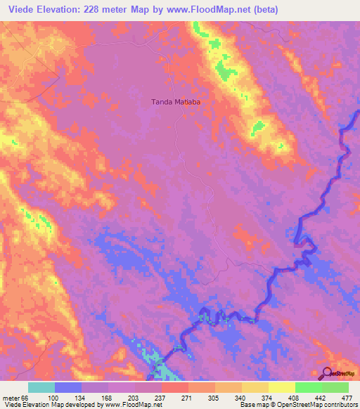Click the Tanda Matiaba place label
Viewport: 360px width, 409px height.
click(x=176, y=102)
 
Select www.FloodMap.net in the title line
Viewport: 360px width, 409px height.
click(x=210, y=10)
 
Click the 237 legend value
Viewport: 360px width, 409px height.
click(x=161, y=397)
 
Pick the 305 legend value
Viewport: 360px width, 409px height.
click(x=214, y=397)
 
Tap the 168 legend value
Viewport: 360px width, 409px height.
click(x=108, y=397)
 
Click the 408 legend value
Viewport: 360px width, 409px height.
click(x=295, y=397)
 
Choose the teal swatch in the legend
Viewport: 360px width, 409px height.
click(x=41, y=387)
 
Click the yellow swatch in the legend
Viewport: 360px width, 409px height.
click(x=281, y=387)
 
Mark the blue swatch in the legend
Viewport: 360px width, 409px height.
click(x=67, y=387)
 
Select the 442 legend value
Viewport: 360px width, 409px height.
click(x=321, y=397)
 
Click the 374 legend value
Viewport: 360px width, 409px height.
click(x=268, y=397)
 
